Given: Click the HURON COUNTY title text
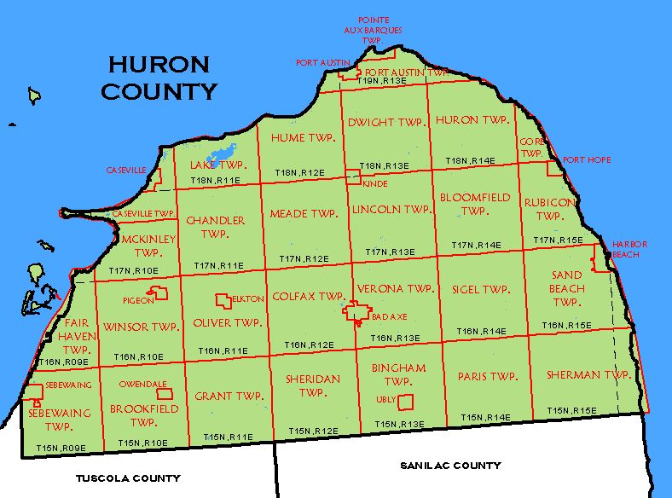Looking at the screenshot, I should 158,77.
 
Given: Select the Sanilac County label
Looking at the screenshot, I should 449,466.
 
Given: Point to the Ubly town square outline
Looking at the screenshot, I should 407,401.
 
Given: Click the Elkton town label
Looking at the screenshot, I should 248,299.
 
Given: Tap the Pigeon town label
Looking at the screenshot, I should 137,300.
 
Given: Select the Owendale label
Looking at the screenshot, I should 142,385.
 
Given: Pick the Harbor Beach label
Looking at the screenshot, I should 629,249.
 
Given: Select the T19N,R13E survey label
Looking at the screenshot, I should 381,80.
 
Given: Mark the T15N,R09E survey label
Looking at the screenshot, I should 59,447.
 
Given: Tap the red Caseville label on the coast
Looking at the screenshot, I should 127,171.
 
